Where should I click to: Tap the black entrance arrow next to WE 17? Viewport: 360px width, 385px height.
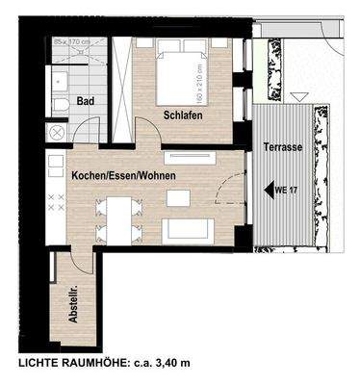[x=268, y=190]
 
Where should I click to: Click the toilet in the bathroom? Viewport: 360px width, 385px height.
[x=58, y=104]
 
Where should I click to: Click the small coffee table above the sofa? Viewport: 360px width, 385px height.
[x=179, y=197]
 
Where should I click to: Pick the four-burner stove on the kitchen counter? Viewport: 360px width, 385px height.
[x=55, y=202]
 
